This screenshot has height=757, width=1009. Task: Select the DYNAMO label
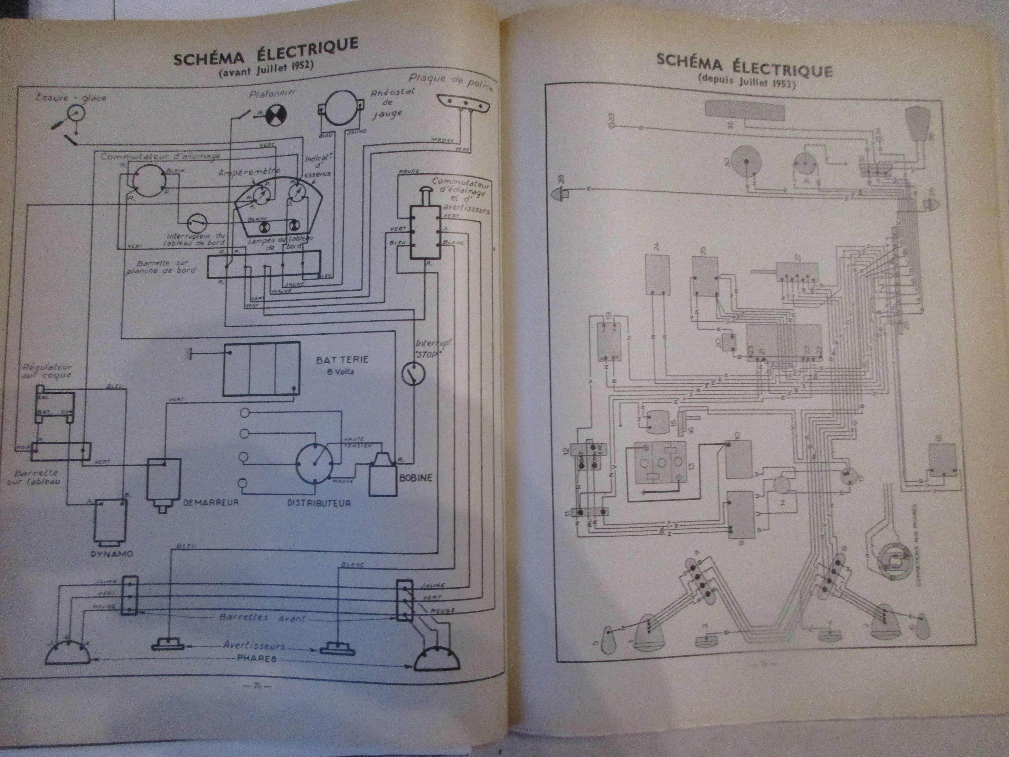[x=111, y=553]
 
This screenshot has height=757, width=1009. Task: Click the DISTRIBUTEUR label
[x=319, y=503]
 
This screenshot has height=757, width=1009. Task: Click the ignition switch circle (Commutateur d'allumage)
[x=147, y=181]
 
